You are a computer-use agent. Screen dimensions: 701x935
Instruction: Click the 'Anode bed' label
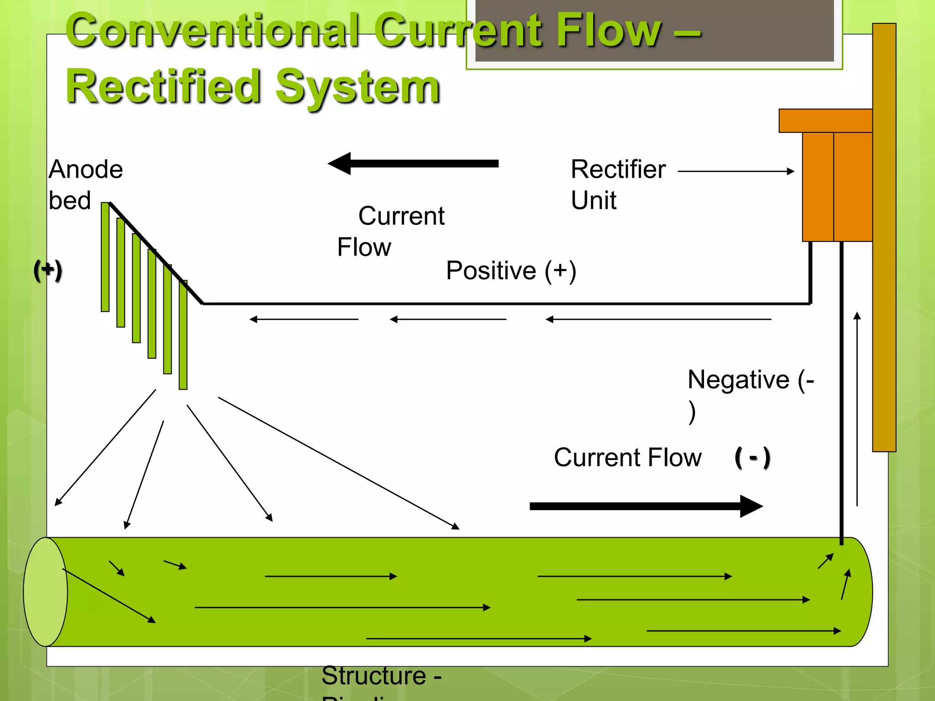tap(85, 184)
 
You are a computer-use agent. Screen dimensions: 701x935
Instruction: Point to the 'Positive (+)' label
tap(511, 270)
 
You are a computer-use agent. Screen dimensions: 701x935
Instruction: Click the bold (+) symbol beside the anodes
tap(47, 270)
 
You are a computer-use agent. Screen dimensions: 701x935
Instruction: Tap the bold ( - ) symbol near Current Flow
tap(752, 457)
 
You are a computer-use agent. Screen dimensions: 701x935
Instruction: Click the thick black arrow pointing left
tap(413, 163)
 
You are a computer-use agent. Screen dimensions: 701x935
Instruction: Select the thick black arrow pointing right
tap(646, 506)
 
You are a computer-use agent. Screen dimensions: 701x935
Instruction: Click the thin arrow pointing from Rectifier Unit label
tap(736, 171)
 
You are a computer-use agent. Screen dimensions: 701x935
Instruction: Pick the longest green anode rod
tap(183, 335)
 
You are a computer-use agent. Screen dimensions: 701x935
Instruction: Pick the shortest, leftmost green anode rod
tap(105, 257)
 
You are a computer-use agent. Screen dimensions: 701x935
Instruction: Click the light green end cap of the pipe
tap(45, 592)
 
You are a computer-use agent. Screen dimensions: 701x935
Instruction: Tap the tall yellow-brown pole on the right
tap(884, 237)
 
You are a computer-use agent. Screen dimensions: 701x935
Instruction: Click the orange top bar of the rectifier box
tap(825, 120)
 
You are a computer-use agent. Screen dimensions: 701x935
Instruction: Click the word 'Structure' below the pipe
tap(373, 675)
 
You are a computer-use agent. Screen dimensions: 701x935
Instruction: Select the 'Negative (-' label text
tap(750, 380)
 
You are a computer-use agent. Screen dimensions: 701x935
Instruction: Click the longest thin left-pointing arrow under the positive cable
tap(658, 319)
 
